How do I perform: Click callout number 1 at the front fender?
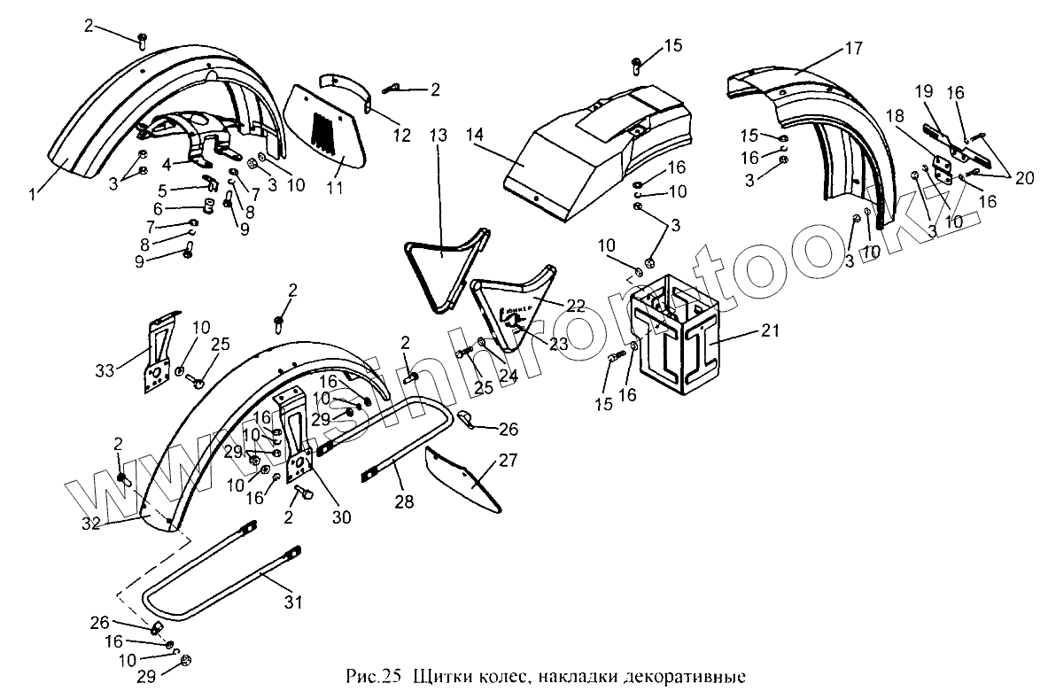click(33, 192)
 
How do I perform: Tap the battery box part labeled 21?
click(673, 341)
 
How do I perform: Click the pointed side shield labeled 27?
click(465, 478)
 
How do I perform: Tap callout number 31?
click(293, 602)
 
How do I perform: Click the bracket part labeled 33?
click(159, 354)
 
